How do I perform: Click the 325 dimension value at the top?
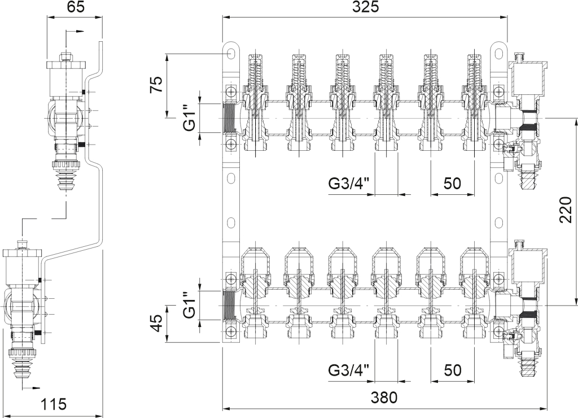tap(365, 7)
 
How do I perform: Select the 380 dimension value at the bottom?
tap(384, 397)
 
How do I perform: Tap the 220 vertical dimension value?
tap(565, 210)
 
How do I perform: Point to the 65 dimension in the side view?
tap(76, 7)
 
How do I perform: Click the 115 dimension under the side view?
tap(54, 404)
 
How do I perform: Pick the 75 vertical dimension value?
tap(156, 85)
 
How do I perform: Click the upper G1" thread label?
tap(189, 118)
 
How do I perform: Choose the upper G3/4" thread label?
tap(349, 184)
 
